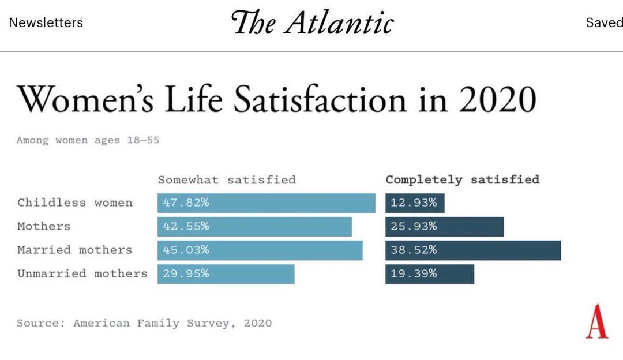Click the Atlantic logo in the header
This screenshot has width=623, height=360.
point(312,23)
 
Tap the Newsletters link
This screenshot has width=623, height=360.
point(46,23)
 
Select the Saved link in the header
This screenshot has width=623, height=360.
point(603,23)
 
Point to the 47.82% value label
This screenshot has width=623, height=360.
point(186,203)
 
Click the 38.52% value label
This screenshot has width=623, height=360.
point(414,250)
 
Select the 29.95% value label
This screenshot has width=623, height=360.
point(186,274)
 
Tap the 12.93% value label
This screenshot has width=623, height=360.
point(414,203)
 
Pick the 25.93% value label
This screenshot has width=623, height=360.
point(414,227)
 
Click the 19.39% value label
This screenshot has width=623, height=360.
point(414,274)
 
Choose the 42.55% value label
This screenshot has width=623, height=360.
point(186,227)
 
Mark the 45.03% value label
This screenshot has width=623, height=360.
point(186,250)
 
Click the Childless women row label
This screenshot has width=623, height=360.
point(75,202)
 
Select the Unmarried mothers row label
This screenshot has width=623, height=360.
point(82,273)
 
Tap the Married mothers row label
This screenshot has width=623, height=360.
point(74,250)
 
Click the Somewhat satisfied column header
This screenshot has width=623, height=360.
point(227,179)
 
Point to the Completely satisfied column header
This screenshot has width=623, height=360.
point(463,179)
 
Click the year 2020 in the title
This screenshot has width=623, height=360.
point(498,99)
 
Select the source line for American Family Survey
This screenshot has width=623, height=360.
point(144,323)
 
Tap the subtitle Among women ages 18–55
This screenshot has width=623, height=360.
point(88,140)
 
